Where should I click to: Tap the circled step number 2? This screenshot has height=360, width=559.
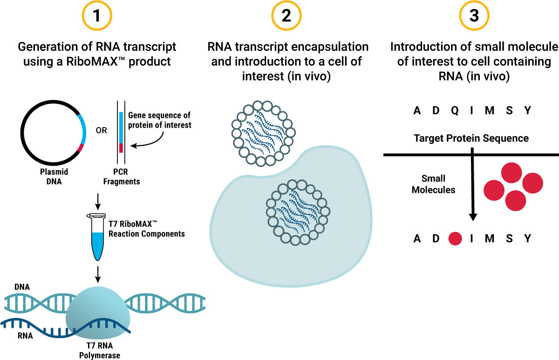(x=286, y=16)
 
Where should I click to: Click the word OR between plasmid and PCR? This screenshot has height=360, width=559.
(x=101, y=130)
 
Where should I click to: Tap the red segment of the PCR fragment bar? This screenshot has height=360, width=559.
(x=121, y=148)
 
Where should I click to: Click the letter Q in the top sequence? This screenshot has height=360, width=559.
(x=455, y=111)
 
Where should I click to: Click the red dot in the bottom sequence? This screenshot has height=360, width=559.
(x=455, y=239)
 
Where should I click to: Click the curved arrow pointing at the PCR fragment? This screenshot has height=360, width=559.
(x=149, y=141)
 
